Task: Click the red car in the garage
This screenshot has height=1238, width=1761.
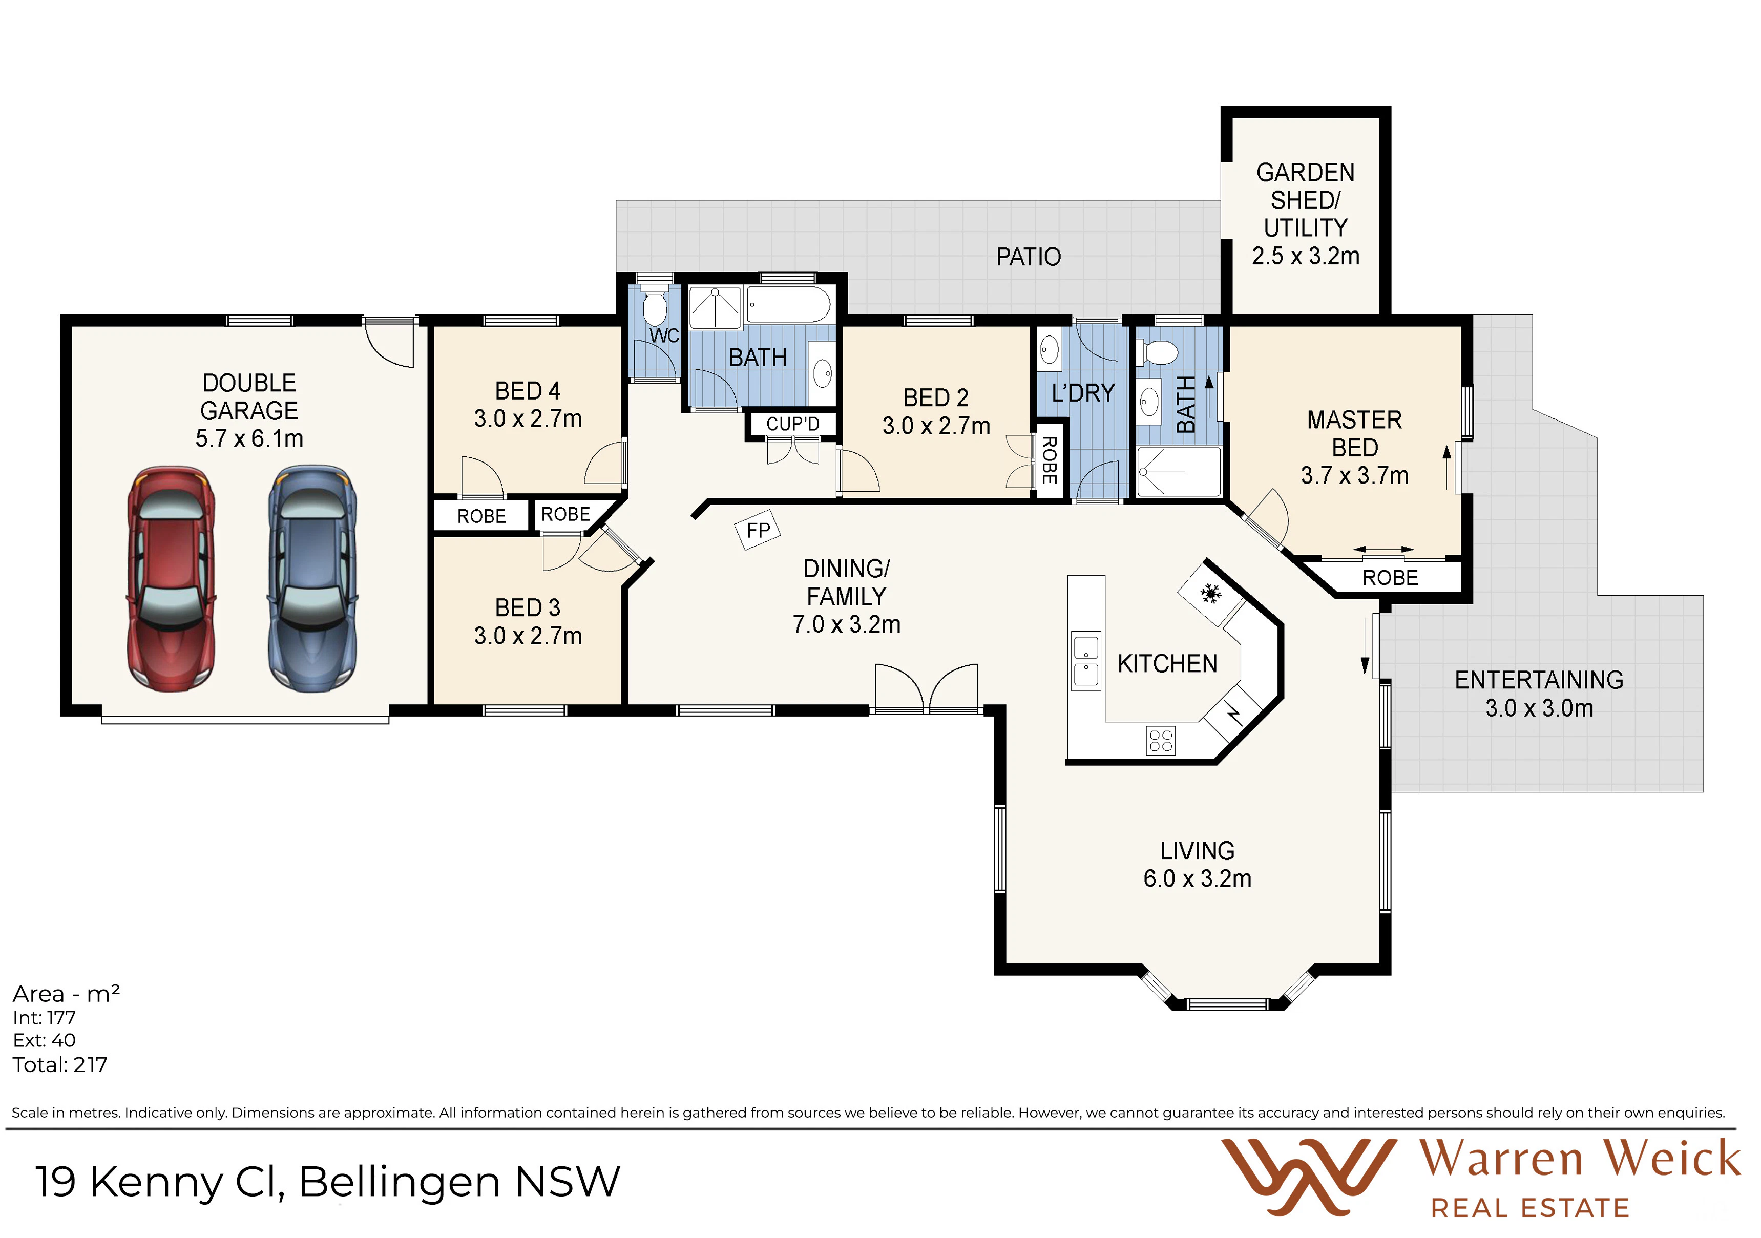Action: (171, 579)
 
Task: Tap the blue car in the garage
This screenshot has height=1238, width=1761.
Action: (312, 579)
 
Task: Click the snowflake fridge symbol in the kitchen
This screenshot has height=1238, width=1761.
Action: (1211, 593)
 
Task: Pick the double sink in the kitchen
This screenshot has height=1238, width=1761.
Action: (1086, 661)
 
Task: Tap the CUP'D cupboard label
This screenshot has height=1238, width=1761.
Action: (793, 424)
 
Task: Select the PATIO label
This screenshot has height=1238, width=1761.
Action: (1029, 257)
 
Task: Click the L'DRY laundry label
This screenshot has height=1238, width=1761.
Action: (1083, 393)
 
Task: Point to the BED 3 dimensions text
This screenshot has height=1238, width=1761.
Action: (528, 636)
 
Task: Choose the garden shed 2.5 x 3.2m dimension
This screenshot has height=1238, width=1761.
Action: (1306, 256)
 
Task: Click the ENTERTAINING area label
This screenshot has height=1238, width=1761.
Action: (1539, 680)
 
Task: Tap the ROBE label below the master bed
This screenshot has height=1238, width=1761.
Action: (1390, 578)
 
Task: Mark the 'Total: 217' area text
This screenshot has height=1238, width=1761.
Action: (60, 1065)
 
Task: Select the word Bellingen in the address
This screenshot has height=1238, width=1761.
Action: (400, 1182)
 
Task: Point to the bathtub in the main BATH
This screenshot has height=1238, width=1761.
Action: (788, 305)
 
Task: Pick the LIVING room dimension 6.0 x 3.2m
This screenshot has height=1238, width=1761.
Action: (1197, 879)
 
